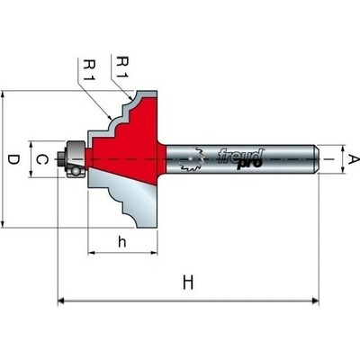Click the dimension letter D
point(13,159)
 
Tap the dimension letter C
point(42,159)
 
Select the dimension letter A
point(353,159)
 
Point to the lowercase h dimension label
point(121,242)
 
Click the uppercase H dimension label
point(188,283)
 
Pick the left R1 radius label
point(89,70)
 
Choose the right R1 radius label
point(122,67)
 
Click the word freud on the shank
point(240,156)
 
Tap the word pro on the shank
point(249,165)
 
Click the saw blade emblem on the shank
point(192,159)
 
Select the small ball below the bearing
point(76,172)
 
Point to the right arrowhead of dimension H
point(315,301)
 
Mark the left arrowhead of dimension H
point(61,301)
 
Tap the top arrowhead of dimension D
point(3,94)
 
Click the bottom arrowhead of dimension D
point(3,224)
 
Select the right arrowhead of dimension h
point(154,253)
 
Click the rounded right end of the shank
point(316,159)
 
